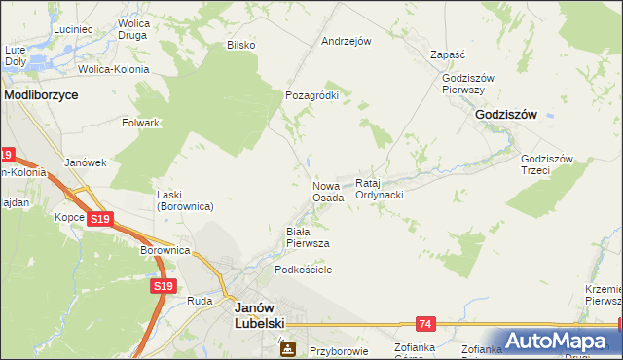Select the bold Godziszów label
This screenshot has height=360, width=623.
coord(507,114)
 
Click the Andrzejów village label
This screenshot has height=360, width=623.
coord(348,42)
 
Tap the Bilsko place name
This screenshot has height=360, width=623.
coord(240,45)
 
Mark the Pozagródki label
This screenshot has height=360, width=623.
coord(311,96)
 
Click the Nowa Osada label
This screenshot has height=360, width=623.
coord(328,191)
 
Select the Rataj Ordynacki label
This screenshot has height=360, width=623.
coord(380,189)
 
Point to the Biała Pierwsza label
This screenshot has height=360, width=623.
coord(307,237)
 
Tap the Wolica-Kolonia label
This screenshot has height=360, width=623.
coord(114,69)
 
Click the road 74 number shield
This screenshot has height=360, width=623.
coord(424,322)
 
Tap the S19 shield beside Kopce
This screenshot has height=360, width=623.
coord(99,220)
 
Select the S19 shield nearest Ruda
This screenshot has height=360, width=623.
coord(164,286)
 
